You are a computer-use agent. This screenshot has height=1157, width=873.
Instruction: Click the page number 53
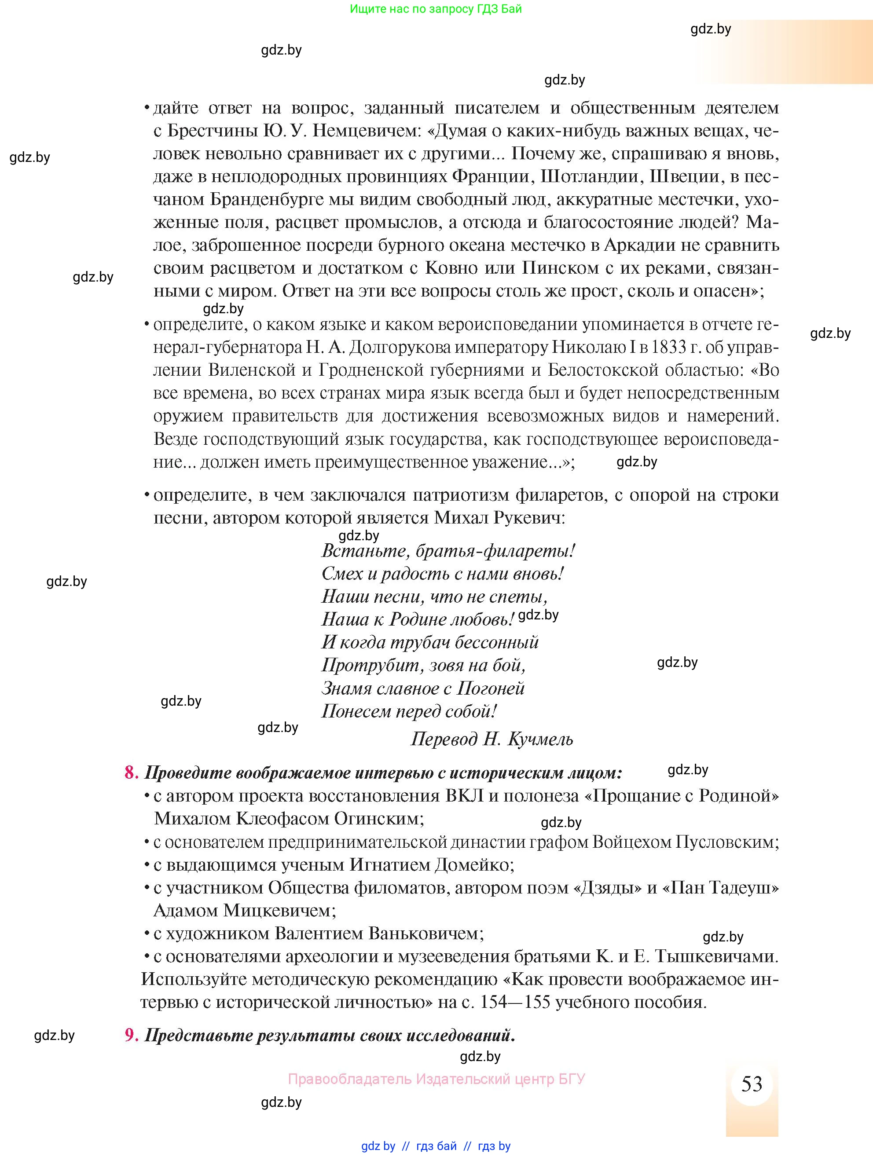(752, 1084)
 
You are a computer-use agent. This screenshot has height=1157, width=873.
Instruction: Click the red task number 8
(130, 773)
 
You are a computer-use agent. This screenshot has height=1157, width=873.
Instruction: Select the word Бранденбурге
(255, 199)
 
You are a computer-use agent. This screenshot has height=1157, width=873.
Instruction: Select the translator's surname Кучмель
(540, 739)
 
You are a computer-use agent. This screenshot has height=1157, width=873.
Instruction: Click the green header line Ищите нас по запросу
(435, 9)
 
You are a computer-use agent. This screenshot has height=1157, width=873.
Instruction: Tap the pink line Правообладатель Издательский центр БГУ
(436, 1079)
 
